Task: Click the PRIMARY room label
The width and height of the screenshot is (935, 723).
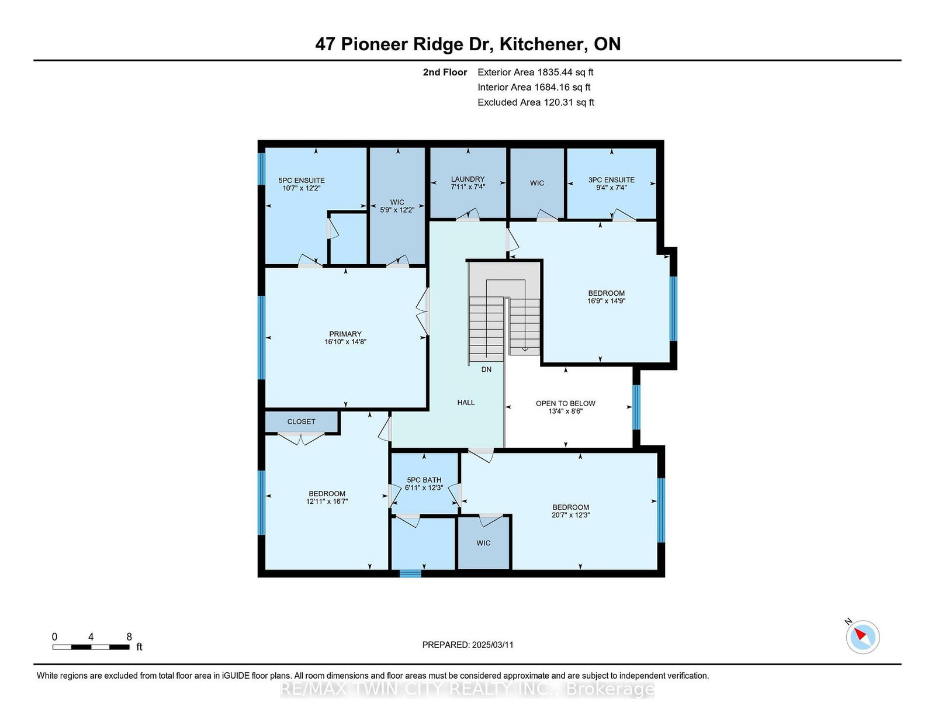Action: [345, 334]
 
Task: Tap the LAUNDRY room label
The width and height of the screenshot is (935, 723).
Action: [467, 179]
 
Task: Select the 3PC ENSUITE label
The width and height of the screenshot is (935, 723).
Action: [611, 180]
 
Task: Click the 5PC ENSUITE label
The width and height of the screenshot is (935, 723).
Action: [302, 181]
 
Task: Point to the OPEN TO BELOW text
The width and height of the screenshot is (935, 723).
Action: [565, 403]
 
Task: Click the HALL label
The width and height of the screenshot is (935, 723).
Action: [466, 403]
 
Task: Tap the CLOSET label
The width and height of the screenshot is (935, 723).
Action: [301, 421]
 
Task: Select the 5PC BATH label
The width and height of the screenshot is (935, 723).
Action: [424, 480]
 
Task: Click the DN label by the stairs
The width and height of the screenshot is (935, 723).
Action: [486, 369]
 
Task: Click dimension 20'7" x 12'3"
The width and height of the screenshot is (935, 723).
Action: [570, 516]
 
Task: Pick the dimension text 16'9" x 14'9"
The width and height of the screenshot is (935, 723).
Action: [606, 301]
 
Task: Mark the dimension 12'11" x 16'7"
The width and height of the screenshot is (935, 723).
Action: [327, 501]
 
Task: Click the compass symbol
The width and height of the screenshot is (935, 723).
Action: [863, 636]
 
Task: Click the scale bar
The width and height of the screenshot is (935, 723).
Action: [91, 647]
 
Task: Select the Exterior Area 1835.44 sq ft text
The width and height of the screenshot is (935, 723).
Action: [535, 72]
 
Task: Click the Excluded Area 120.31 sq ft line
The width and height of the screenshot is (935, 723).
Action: [535, 102]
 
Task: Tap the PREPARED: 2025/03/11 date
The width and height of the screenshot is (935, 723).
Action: [467, 645]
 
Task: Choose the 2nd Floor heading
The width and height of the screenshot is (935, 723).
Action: [445, 72]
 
